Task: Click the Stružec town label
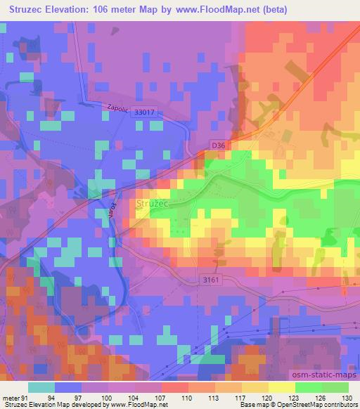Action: point(150,204)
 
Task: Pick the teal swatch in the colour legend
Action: point(41,387)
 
